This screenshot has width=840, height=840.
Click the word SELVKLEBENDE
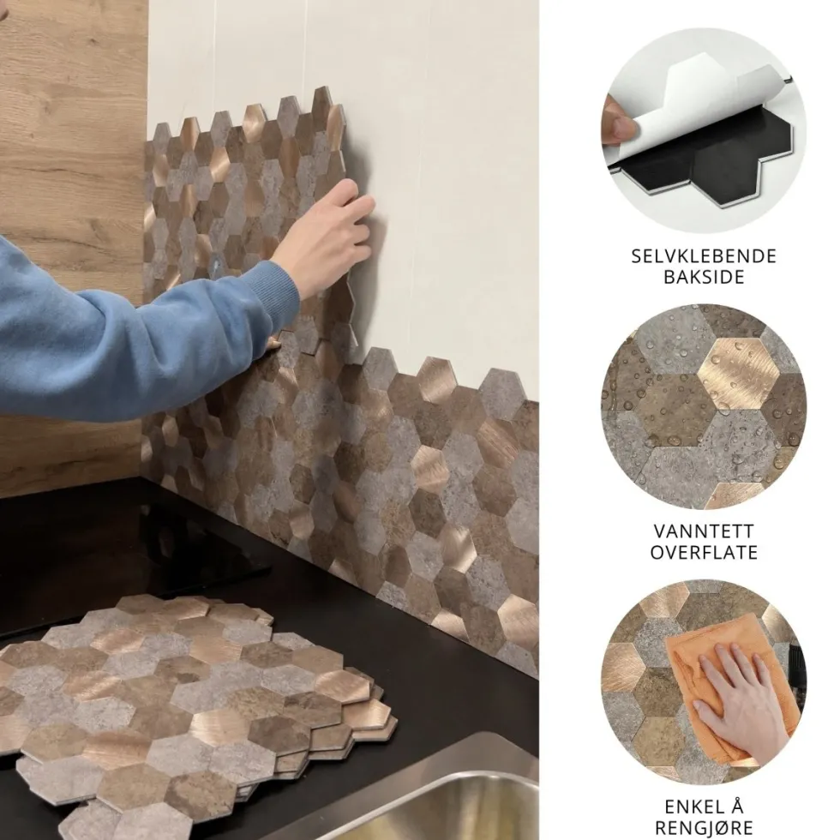(704, 256)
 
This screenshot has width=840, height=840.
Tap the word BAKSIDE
(704, 277)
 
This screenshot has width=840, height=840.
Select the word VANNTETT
(704, 531)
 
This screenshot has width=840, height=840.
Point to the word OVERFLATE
(704, 552)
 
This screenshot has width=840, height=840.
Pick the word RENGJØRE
(704, 828)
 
